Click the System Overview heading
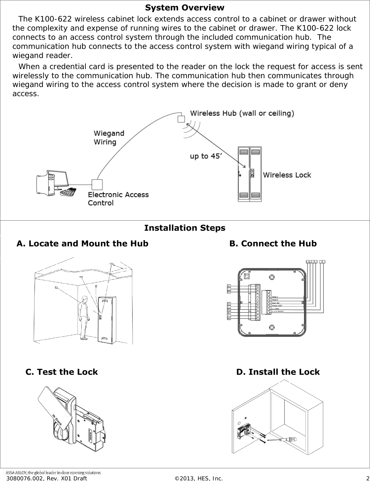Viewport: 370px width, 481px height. [x=185, y=8]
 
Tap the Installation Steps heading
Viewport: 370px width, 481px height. [x=185, y=228]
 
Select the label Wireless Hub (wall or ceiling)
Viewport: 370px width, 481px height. [x=242, y=113]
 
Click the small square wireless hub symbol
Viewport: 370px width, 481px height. [x=181, y=119]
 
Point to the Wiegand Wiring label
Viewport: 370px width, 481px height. [x=109, y=138]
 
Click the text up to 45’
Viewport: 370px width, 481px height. [x=206, y=156]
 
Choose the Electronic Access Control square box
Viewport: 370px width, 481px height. [x=97, y=184]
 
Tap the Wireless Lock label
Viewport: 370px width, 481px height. [x=287, y=175]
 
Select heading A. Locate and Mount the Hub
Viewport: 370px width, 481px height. [x=82, y=244]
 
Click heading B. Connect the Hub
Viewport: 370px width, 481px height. [x=273, y=244]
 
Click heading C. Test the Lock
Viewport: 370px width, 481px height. [x=62, y=372]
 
